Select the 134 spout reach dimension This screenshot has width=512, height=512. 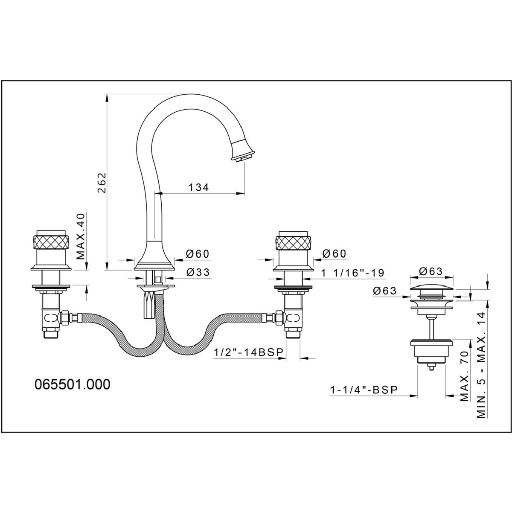point(199,187)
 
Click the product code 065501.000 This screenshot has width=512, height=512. point(72,384)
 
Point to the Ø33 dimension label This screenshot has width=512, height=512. point(198,273)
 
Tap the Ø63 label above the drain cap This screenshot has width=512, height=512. point(430,271)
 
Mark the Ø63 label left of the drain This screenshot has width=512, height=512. point(385,291)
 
